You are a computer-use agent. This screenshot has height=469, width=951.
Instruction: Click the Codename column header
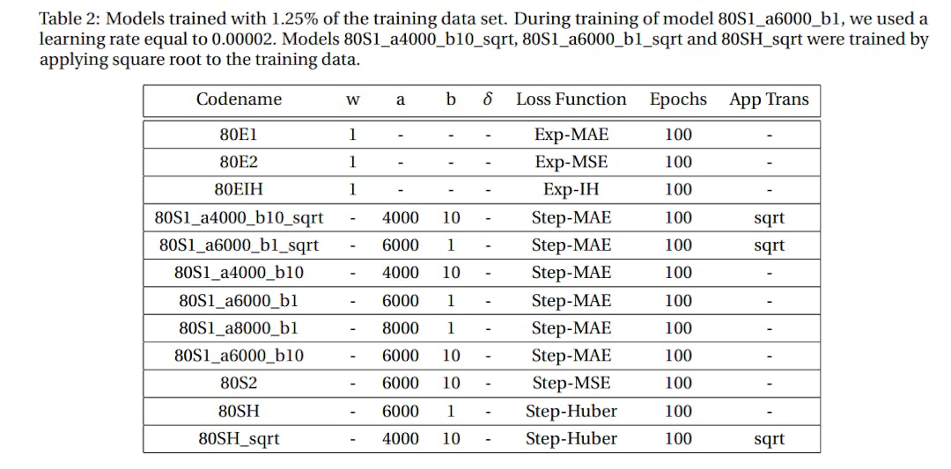(239, 99)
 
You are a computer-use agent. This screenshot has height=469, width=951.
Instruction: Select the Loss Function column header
(571, 99)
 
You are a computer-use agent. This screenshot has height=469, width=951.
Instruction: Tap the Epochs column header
(678, 99)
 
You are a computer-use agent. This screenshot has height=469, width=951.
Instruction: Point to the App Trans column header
(769, 99)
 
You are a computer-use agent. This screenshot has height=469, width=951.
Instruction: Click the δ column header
(487, 99)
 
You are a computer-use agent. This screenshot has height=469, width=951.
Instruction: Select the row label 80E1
(239, 135)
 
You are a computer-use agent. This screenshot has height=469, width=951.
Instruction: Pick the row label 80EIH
(239, 189)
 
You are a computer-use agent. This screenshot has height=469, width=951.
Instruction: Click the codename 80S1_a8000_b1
(239, 328)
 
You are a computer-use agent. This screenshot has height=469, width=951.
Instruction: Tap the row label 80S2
(239, 383)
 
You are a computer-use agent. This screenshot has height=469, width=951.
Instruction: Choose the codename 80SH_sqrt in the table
(239, 438)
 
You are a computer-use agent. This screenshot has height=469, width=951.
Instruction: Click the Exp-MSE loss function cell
(571, 162)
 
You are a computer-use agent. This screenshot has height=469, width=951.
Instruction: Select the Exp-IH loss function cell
(571, 189)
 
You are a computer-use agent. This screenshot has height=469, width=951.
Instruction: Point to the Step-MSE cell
(571, 383)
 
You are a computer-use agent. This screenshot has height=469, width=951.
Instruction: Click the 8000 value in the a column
(401, 328)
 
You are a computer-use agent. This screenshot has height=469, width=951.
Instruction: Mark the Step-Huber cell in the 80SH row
(571, 411)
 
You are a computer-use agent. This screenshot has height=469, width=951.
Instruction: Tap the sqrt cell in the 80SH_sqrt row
(769, 438)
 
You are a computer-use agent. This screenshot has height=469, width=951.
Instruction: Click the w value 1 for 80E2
(352, 162)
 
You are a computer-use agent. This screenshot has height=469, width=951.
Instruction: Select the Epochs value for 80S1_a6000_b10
(678, 355)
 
